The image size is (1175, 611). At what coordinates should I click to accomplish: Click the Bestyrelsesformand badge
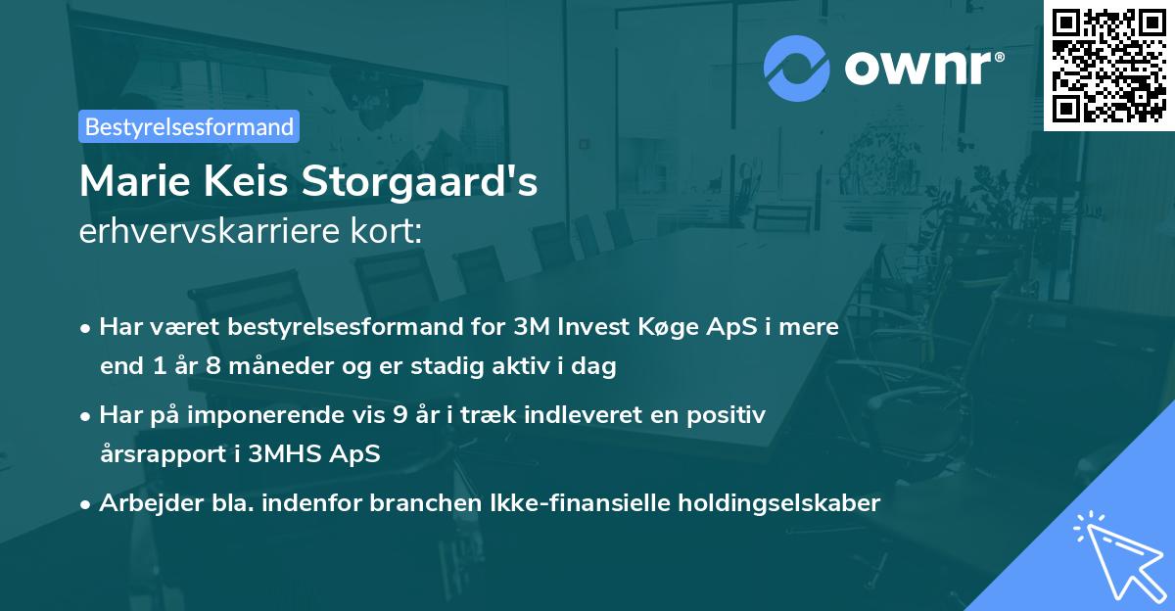pos(189,126)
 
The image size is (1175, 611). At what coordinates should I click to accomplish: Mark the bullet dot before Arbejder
pos(86,504)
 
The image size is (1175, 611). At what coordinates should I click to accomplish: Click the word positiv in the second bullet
pos(730,415)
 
